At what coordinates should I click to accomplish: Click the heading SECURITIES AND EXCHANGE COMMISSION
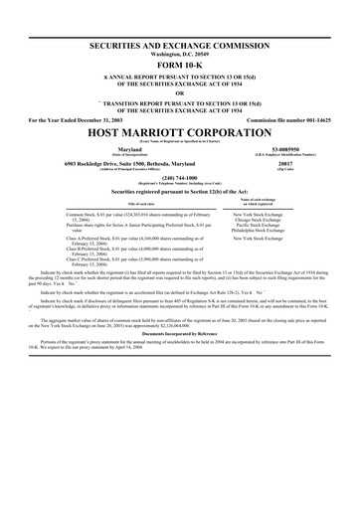(x=180, y=48)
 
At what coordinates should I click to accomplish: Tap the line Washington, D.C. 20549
(x=180, y=57)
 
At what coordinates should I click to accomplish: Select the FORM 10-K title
(x=180, y=68)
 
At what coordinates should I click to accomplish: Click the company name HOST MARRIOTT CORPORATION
(x=180, y=132)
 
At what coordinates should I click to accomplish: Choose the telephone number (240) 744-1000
(x=180, y=183)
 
